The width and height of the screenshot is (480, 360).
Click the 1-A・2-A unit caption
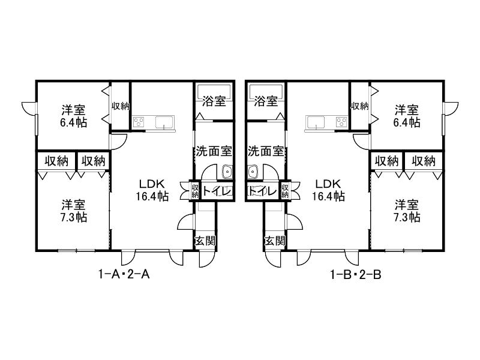[124, 274]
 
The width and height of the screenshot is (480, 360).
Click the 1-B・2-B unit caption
[356, 275]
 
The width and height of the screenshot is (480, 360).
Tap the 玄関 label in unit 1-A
[205, 241]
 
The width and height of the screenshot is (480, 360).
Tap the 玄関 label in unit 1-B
[275, 241]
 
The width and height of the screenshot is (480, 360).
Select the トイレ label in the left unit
[216, 191]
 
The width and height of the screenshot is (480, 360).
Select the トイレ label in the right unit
[263, 191]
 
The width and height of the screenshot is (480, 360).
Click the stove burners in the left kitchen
[139, 122]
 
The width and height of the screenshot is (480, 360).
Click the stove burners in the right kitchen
[341, 122]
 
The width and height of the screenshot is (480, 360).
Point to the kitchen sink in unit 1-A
[164, 122]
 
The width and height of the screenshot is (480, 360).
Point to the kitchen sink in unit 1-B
[316, 122]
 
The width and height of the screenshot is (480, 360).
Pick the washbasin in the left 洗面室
[227, 172]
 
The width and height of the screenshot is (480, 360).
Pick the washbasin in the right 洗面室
[253, 172]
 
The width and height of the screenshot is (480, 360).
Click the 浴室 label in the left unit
[214, 101]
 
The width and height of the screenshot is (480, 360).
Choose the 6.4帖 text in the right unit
[407, 123]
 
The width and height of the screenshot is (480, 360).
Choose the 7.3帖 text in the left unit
[73, 217]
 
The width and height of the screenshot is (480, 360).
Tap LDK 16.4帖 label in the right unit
[328, 190]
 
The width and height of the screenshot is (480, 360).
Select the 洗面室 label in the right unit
[266, 151]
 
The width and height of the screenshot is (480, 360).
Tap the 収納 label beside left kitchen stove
[121, 106]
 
